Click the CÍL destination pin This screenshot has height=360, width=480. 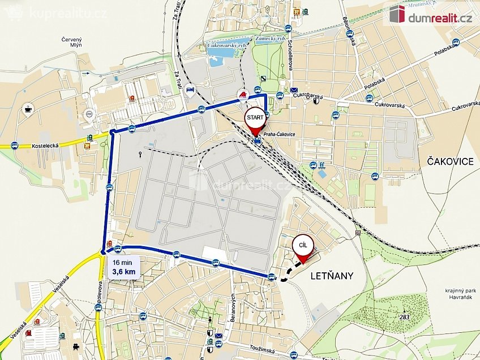pyautogui.click(x=303, y=248)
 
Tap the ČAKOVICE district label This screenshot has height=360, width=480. pyautogui.click(x=447, y=161)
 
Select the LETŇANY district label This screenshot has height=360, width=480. pyautogui.click(x=332, y=276)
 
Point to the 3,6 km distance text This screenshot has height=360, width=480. pyautogui.click(x=123, y=272)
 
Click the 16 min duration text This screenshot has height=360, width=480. pyautogui.click(x=122, y=263)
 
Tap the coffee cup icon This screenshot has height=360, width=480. pyautogui.click(x=29, y=108)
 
